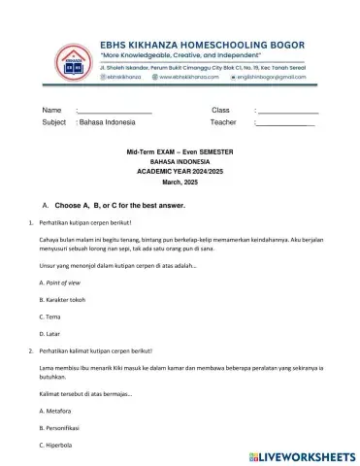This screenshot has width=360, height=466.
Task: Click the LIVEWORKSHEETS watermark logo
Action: click(304, 454)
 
